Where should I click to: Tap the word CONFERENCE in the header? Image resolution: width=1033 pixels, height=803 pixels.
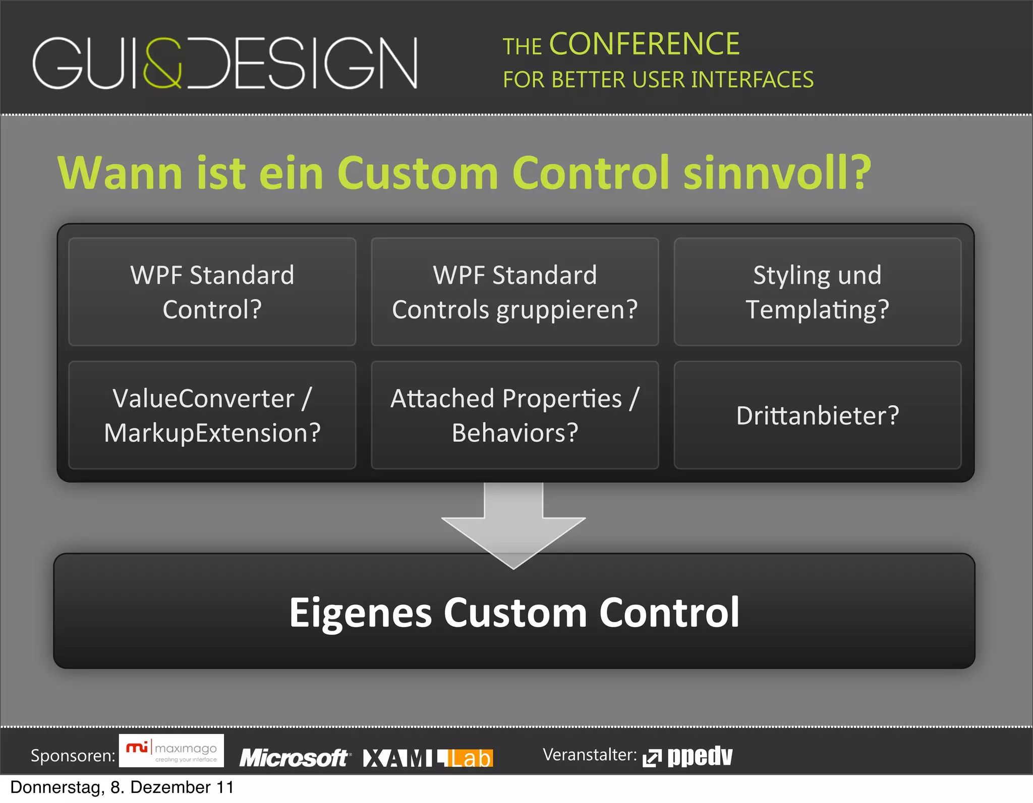[x=644, y=44]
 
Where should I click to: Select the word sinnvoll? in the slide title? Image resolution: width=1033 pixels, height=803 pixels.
[x=777, y=173]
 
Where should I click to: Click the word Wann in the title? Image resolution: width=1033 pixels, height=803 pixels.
[x=120, y=173]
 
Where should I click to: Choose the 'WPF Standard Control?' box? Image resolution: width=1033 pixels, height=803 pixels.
[x=212, y=292]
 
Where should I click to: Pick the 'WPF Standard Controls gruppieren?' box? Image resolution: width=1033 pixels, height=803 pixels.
[x=514, y=292]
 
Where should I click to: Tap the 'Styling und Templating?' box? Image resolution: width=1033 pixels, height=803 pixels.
[x=817, y=292]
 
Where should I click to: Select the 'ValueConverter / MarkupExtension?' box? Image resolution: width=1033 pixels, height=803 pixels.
[x=212, y=415]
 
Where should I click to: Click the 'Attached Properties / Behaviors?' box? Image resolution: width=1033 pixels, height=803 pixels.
[x=514, y=415]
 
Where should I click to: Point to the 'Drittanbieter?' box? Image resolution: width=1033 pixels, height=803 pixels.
[x=817, y=415]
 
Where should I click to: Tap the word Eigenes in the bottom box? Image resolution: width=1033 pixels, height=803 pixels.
[x=360, y=613]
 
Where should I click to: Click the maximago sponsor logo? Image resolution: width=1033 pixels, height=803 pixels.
[x=171, y=751]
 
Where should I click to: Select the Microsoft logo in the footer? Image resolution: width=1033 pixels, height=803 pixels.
[x=294, y=758]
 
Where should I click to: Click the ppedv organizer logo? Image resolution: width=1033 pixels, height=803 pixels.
[x=688, y=756]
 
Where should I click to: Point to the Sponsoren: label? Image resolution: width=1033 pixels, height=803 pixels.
[x=73, y=756]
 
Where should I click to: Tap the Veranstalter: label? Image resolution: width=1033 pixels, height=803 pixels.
[x=590, y=755]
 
